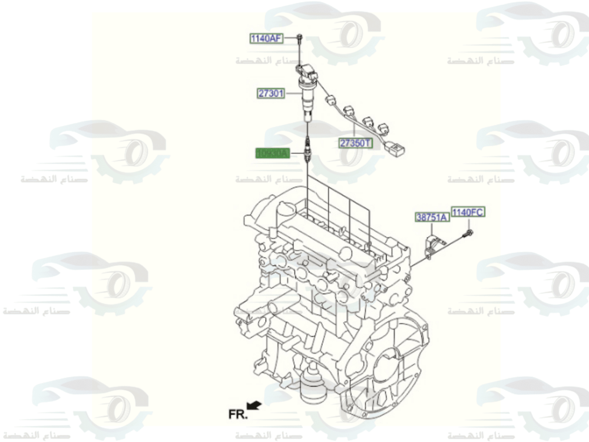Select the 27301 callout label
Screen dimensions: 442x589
(x=271, y=93)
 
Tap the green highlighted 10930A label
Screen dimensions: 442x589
(x=272, y=154)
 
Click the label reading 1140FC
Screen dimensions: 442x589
(x=468, y=212)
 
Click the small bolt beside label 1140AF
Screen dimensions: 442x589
(x=299, y=40)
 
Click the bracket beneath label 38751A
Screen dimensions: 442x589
(x=433, y=245)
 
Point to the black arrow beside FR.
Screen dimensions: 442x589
(x=254, y=404)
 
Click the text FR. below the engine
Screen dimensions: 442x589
(x=238, y=414)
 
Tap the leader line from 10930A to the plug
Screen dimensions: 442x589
(x=296, y=154)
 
